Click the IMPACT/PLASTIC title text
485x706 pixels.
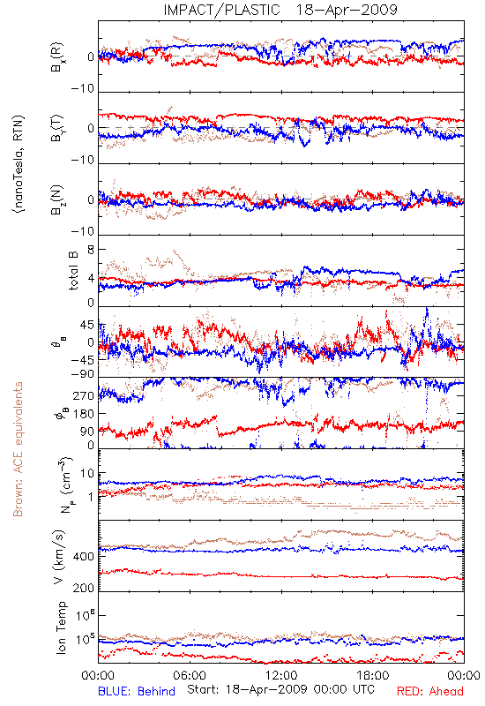click(221, 10)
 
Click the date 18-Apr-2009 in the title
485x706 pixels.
click(347, 10)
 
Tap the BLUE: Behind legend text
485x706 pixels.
click(137, 691)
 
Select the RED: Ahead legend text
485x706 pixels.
click(429, 691)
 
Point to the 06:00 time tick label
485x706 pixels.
click(190, 675)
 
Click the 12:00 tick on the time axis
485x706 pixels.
click(281, 675)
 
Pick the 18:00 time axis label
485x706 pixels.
click(373, 675)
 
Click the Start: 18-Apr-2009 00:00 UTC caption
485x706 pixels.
click(280, 689)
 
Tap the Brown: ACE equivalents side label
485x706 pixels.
click(18, 449)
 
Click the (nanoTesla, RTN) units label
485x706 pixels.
click(18, 164)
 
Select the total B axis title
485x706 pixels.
click(73, 270)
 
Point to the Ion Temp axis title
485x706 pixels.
click(61, 627)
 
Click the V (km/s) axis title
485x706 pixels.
click(60, 557)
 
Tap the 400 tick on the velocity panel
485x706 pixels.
click(84, 557)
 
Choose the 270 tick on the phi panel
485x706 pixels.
click(84, 396)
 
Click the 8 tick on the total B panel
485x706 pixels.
click(91, 250)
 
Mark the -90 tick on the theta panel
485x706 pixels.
click(83, 374)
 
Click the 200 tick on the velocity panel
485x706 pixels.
click(84, 588)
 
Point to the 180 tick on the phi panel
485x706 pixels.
click(84, 414)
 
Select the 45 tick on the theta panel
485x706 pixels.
click(87, 325)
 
